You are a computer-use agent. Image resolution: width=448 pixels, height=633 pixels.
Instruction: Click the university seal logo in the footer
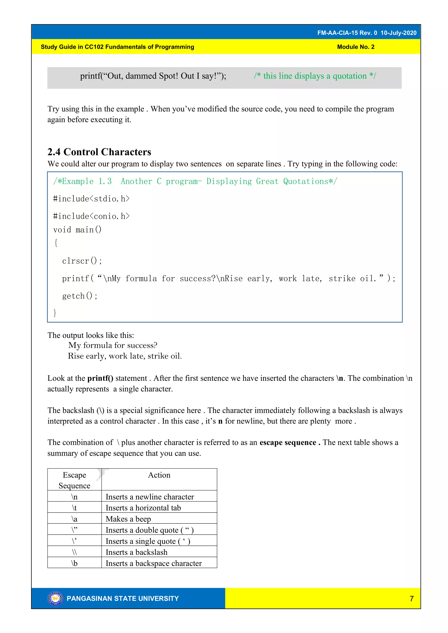click(x=55, y=598)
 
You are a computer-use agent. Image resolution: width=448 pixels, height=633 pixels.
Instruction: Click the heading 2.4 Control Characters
click(x=99, y=152)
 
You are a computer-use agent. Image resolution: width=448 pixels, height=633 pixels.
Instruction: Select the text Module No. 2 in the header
click(x=356, y=47)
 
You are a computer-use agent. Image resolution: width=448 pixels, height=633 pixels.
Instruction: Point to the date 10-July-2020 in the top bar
click(x=398, y=33)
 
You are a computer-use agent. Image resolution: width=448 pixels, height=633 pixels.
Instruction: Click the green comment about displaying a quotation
click(x=315, y=76)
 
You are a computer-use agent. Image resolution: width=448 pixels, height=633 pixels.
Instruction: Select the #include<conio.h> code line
click(x=91, y=216)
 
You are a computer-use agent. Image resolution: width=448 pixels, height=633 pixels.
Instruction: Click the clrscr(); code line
click(x=82, y=261)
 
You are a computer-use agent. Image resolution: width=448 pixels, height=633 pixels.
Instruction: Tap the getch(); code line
click(x=80, y=296)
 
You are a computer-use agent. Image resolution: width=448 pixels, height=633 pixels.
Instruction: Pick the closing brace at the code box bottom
click(x=55, y=313)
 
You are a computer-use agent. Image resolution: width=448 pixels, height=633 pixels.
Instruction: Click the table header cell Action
click(x=159, y=475)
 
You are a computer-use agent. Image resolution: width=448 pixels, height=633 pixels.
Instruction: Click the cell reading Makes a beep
click(x=128, y=519)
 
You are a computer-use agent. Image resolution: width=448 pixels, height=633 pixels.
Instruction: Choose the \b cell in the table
click(x=74, y=563)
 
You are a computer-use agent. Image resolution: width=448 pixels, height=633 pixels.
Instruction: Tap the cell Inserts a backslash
click(x=136, y=552)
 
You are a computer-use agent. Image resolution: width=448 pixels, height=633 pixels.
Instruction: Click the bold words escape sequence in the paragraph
click(x=288, y=443)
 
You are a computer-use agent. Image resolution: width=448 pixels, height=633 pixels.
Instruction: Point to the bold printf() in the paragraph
click(x=100, y=378)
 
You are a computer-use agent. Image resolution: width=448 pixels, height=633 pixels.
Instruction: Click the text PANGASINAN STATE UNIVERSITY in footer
click(x=123, y=598)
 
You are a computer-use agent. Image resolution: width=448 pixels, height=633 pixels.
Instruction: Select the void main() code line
click(x=77, y=230)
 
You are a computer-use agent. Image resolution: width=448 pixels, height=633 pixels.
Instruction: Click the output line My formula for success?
click(x=113, y=345)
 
